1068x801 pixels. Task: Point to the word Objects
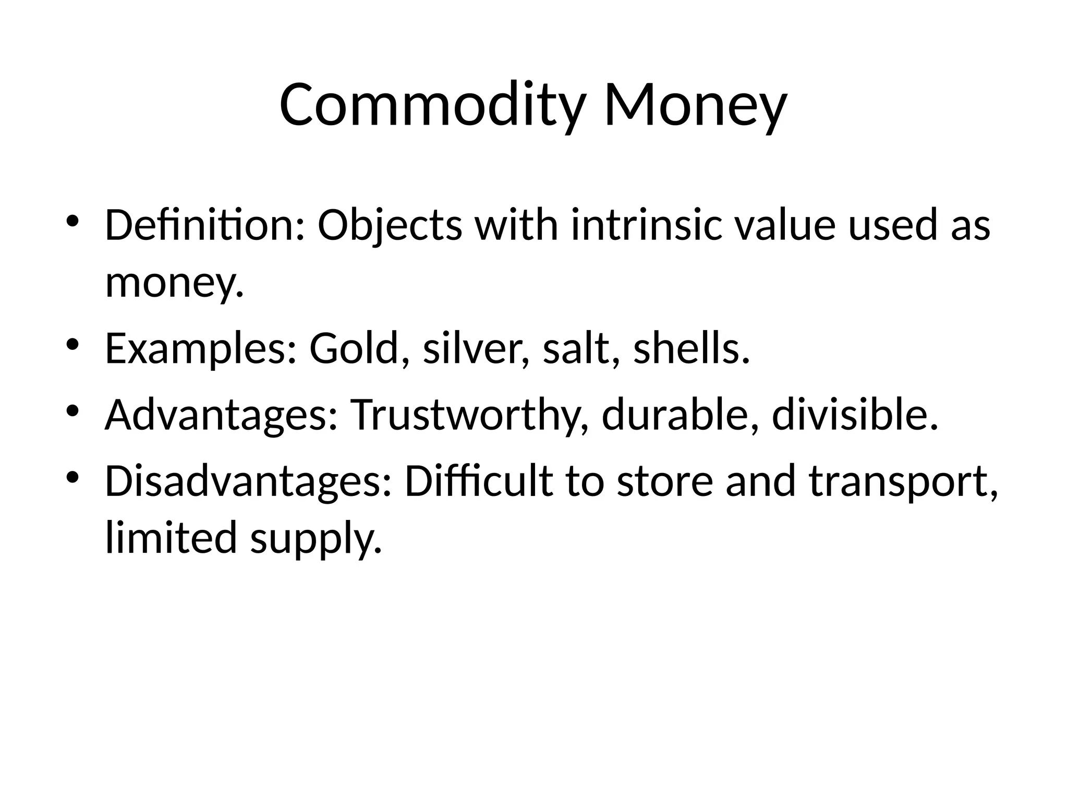click(390, 225)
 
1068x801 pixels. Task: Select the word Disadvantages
click(248, 481)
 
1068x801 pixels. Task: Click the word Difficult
click(478, 481)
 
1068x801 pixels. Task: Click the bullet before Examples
click(72, 345)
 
